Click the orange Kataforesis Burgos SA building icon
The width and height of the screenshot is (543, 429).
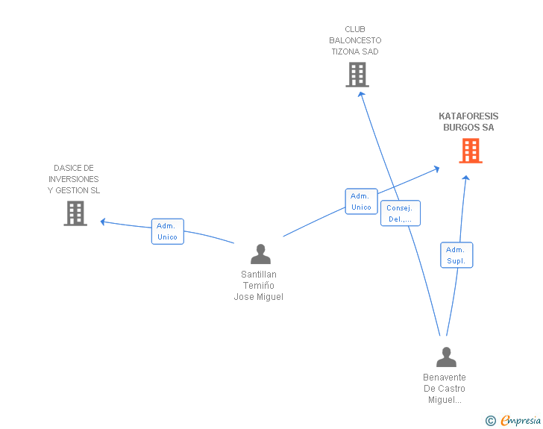(x=470, y=151)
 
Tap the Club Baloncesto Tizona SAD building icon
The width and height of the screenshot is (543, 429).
(x=357, y=75)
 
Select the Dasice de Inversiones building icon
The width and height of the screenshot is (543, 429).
(x=75, y=213)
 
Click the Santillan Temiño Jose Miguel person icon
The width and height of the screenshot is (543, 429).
(x=260, y=254)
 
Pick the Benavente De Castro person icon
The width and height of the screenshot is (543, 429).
(x=446, y=357)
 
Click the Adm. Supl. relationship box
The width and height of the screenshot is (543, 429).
(x=456, y=255)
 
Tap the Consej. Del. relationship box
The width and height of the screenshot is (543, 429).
(x=401, y=213)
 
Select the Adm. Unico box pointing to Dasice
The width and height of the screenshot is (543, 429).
(x=167, y=231)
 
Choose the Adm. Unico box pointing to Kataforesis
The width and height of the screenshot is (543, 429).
(x=361, y=201)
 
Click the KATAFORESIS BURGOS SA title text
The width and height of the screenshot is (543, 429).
(x=468, y=122)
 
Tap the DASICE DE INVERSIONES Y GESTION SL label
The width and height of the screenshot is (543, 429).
(x=74, y=179)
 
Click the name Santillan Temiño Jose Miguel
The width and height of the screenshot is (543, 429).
(x=259, y=286)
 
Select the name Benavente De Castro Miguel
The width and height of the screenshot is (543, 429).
(x=445, y=389)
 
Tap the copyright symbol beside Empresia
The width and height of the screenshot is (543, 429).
(x=491, y=421)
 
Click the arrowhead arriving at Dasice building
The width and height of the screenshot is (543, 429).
(x=104, y=221)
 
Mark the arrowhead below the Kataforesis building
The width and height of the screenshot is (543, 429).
(x=466, y=178)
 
